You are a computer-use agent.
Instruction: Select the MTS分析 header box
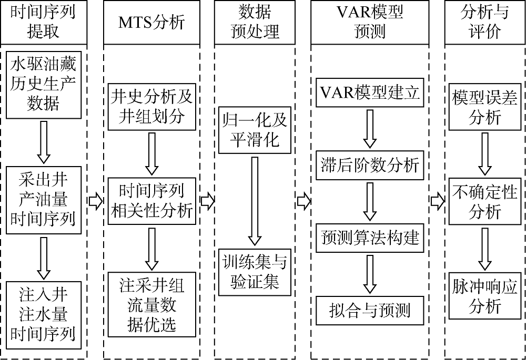point(152,23)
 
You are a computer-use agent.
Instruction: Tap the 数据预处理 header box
point(255,23)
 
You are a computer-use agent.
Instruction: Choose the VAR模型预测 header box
point(370,23)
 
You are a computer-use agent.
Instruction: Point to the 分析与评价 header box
point(484,23)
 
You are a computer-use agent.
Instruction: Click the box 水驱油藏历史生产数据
point(44,84)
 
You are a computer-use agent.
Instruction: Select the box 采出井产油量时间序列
point(44,201)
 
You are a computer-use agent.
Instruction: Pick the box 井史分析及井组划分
point(152,106)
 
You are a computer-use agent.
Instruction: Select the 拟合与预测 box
point(370,310)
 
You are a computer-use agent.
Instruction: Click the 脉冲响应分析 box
point(484,296)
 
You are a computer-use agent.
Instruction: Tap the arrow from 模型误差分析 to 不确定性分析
point(484,154)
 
